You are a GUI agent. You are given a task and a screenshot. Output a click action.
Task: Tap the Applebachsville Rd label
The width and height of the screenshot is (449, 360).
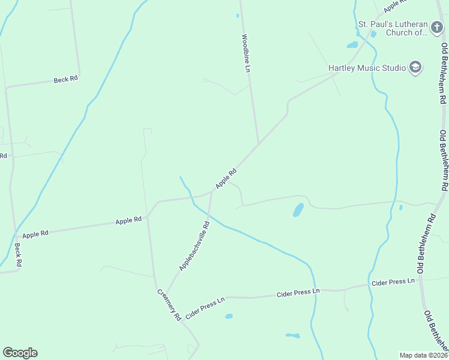click(x=193, y=246)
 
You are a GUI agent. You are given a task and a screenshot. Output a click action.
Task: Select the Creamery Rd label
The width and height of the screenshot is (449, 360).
click(x=169, y=305)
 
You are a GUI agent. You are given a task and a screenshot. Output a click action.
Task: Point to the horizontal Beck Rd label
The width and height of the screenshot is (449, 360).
click(x=66, y=79)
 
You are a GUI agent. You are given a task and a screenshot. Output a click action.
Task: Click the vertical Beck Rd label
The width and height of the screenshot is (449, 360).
click(x=18, y=255)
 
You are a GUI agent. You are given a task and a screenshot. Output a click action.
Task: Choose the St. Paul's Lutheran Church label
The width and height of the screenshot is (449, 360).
click(x=393, y=28)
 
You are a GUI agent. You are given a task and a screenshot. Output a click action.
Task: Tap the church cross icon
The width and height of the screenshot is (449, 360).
click(x=438, y=27)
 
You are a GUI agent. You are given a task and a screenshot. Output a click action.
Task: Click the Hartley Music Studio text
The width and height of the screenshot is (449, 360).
click(x=367, y=68)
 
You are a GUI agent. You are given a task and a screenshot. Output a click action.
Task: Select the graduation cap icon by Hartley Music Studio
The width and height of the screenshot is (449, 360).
click(x=415, y=67)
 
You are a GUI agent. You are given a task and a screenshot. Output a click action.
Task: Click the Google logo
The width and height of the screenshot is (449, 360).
click(x=20, y=353)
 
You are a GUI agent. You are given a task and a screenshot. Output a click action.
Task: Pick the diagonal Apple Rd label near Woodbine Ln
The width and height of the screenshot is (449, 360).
click(x=226, y=178)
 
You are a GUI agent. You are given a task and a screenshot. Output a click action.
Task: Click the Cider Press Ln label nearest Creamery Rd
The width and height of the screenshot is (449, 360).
click(x=205, y=307)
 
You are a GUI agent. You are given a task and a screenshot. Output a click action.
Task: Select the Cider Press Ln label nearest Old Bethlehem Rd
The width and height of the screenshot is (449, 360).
click(x=393, y=281)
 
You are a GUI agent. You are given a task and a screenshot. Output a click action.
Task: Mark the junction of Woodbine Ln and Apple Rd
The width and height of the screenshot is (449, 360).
click(x=259, y=144)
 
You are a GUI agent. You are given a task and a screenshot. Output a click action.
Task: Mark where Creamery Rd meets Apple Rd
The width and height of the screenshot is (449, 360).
click(x=148, y=217)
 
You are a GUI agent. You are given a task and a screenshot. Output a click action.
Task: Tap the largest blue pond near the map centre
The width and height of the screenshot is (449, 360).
click(x=298, y=209)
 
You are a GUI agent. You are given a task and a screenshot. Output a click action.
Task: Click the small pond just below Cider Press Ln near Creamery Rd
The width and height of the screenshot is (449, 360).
click(x=229, y=316)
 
